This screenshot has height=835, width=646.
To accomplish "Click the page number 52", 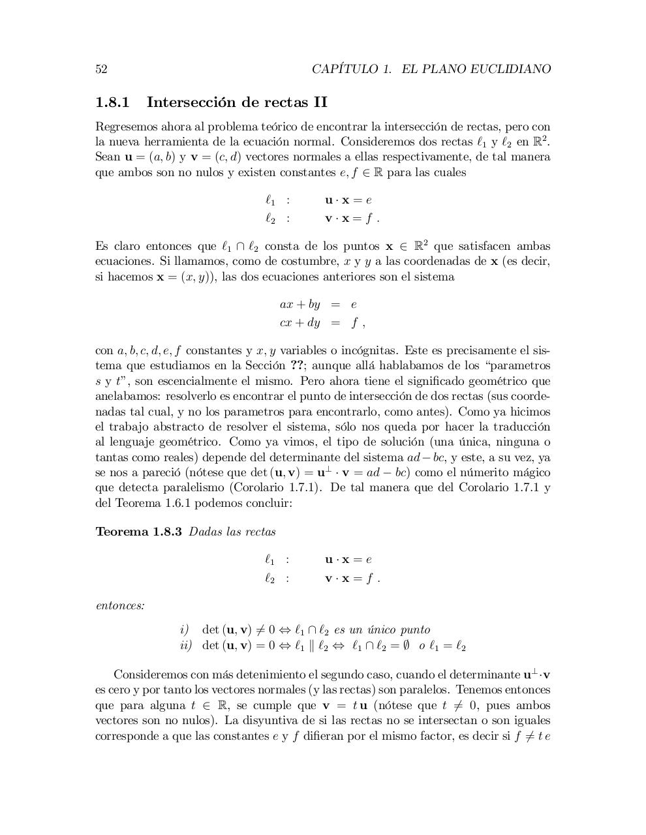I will click(101, 69).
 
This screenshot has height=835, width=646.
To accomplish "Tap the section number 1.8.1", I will click(113, 102).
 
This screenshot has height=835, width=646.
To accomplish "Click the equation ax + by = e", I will click(318, 305).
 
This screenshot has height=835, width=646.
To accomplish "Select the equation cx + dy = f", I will click(318, 322).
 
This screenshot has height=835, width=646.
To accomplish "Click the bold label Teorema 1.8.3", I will click(138, 532).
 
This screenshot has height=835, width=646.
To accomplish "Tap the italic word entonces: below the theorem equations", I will click(120, 605).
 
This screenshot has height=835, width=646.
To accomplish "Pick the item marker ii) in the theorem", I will click(186, 646).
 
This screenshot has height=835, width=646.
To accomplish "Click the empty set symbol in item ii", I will click(403, 646).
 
